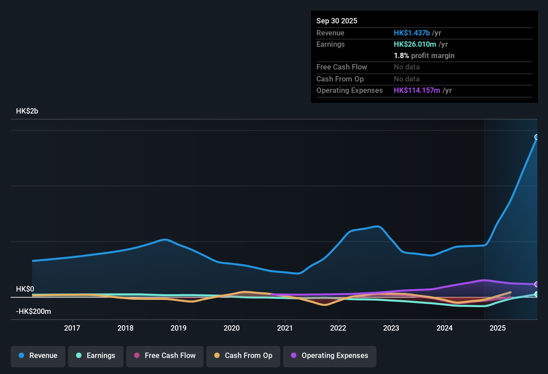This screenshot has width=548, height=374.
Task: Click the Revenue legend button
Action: point(38,356)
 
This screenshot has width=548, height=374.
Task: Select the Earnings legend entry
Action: point(96,356)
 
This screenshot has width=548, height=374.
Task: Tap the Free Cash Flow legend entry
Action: point(165,356)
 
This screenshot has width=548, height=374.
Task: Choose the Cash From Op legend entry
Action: point(243,356)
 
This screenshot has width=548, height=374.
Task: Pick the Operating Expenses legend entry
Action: point(330,356)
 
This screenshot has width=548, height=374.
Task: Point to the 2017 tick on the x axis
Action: point(72,328)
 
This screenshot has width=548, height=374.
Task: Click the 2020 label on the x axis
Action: point(232,328)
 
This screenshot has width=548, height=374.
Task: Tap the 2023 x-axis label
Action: point(391,328)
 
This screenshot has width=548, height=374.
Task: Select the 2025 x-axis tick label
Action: point(498,328)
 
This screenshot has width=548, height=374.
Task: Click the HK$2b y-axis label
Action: point(27,111)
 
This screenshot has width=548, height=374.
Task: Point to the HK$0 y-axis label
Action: point(25,289)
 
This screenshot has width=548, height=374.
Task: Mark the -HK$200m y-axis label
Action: point(33,312)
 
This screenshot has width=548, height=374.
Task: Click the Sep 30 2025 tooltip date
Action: point(337,21)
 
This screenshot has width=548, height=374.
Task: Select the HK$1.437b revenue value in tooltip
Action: point(412,33)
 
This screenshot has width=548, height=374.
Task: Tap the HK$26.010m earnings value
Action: point(415,44)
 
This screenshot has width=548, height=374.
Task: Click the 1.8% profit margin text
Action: point(424,56)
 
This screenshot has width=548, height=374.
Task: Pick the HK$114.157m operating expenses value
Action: point(417,90)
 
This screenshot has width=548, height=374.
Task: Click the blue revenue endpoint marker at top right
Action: point(537,137)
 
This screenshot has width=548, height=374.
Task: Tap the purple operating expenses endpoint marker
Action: point(537,285)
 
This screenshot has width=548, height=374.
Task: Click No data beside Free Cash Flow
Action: point(406,67)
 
